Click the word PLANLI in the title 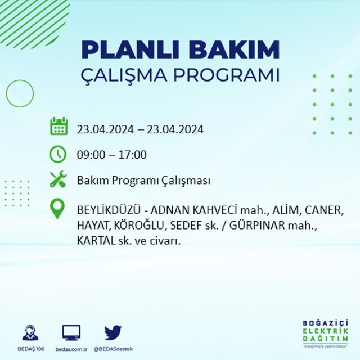tap(130, 49)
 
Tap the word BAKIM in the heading tap(234, 49)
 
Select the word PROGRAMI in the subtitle tap(226, 75)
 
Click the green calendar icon tap(58, 126)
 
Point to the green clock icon tap(58, 154)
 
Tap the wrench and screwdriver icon tap(58, 179)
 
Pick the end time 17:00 tap(133, 155)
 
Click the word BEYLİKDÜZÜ tap(109, 210)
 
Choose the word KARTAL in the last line tap(96, 241)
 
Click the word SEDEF tap(186, 226)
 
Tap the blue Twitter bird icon tap(113, 332)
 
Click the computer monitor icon tap(71, 333)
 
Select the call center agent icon tap(30, 332)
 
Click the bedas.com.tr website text tap(71, 349)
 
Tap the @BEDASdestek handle tap(113, 349)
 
